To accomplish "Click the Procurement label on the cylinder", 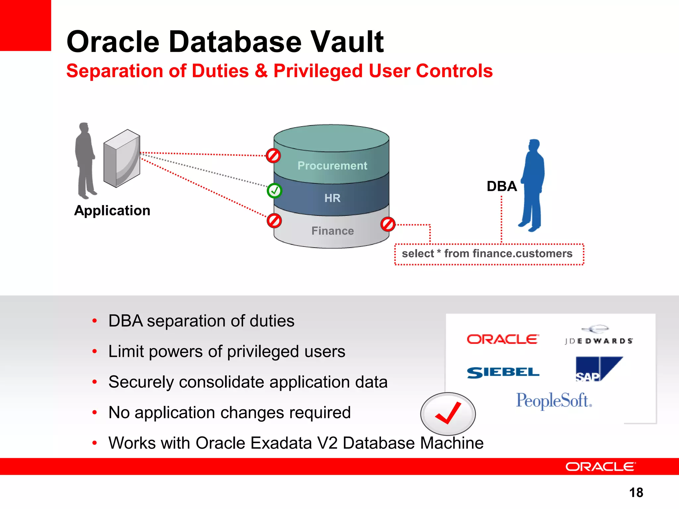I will click(x=332, y=165).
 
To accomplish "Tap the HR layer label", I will click(x=332, y=198).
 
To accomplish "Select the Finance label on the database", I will click(x=333, y=231).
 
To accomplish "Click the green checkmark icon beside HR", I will click(x=274, y=191).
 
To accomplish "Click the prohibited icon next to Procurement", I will click(x=274, y=155).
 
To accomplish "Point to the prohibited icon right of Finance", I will click(x=388, y=224).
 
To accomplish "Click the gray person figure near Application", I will click(x=86, y=161).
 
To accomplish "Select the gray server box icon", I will click(x=122, y=158).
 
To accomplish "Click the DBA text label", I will click(x=502, y=186).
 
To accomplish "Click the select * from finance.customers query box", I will click(x=489, y=254).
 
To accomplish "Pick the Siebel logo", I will click(x=503, y=372).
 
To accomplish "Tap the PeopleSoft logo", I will click(x=554, y=401).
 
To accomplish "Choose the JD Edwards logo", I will click(x=598, y=336).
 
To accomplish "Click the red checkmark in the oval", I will click(x=448, y=414).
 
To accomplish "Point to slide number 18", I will click(x=636, y=492).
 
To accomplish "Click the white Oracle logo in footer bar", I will click(x=600, y=467).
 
